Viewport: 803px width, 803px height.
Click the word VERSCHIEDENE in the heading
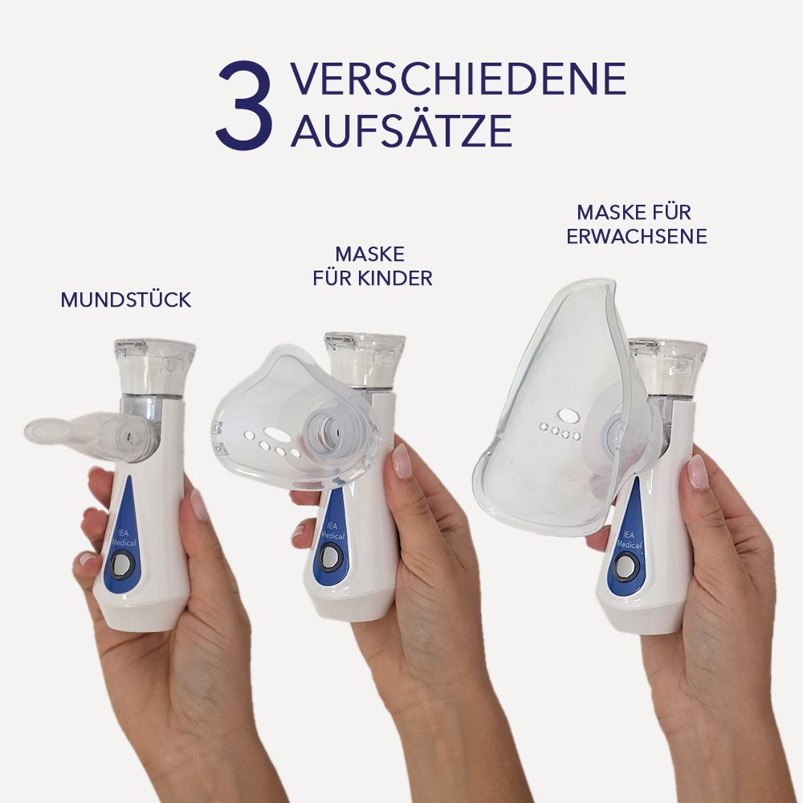coord(458,79)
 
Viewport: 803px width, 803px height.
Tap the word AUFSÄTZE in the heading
coord(401,131)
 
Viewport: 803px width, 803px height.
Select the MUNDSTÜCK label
coord(126,300)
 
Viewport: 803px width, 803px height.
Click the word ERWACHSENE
coord(636,237)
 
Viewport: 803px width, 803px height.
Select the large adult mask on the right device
coord(554,410)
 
